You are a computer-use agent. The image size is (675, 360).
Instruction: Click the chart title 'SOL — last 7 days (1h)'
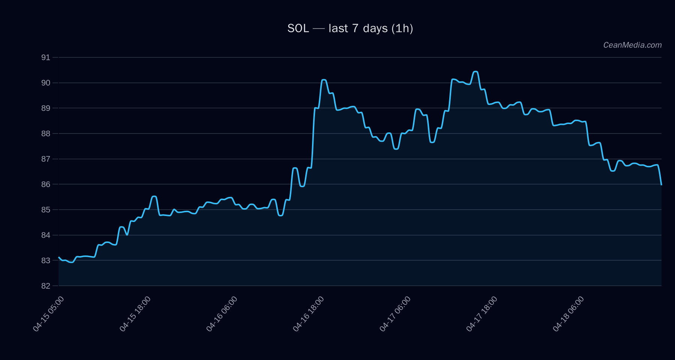(x=350, y=28)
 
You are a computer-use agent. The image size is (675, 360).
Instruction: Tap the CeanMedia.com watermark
(x=632, y=45)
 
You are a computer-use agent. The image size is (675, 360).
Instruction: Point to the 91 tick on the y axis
(x=45, y=57)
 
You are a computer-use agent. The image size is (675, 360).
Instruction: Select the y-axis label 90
(x=45, y=83)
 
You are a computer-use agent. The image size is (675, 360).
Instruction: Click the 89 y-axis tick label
(x=45, y=108)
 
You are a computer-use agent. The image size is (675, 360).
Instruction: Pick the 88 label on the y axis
(x=45, y=133)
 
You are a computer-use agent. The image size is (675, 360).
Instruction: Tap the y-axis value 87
(x=45, y=159)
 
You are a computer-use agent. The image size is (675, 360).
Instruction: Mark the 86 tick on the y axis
(x=45, y=184)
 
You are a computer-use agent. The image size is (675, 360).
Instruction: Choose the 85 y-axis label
(x=45, y=210)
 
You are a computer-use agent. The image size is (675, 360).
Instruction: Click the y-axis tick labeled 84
(x=45, y=235)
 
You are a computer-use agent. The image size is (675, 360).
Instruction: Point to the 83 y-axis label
(x=45, y=261)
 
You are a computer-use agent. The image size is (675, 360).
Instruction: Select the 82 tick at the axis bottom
(x=45, y=286)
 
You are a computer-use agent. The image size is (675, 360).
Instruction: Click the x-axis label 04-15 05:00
(x=48, y=314)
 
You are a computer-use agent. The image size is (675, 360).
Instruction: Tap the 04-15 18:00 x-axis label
(x=135, y=314)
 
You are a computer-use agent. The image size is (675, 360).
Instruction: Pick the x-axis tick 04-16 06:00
(x=222, y=314)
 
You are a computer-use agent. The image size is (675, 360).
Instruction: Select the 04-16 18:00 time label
(x=308, y=314)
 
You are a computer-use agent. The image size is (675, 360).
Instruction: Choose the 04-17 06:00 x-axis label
(x=395, y=314)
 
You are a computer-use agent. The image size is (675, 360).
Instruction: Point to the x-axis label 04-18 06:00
(x=568, y=314)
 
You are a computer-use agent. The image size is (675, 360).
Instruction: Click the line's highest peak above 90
(x=475, y=72)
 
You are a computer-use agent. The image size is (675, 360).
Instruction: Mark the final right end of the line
(x=661, y=184)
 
